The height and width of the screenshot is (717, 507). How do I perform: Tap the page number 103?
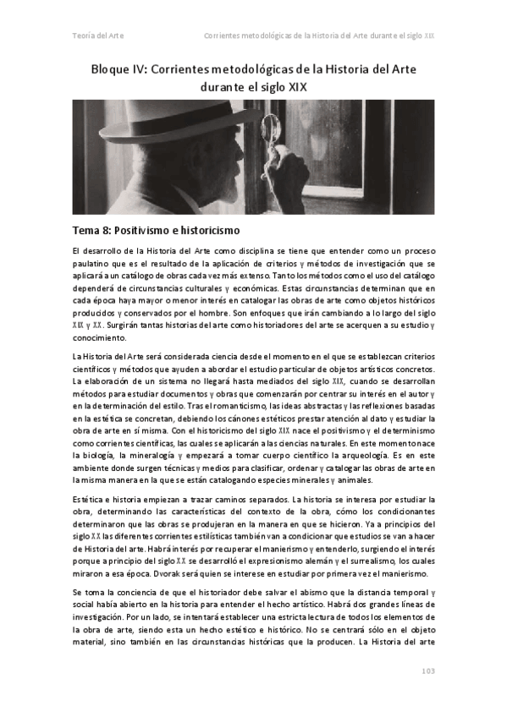(427, 670)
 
